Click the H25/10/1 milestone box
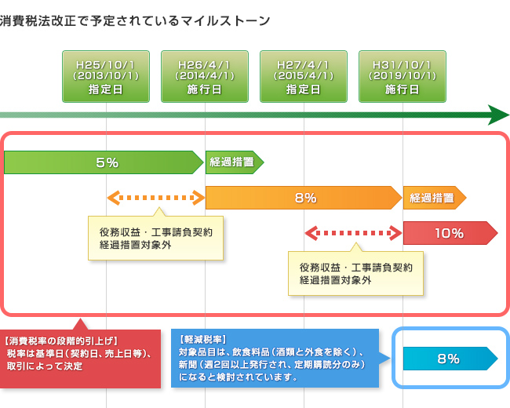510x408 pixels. [x=106, y=76]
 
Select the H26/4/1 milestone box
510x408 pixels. [x=205, y=76]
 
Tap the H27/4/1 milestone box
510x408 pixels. [x=304, y=76]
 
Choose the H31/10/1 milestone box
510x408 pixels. [x=403, y=76]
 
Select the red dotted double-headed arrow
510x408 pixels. [x=353, y=233]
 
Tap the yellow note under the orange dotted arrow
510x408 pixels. [x=155, y=239]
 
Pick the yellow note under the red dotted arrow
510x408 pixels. [x=355, y=273]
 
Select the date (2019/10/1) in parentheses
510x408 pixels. [x=403, y=76]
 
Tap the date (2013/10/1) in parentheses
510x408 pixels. [x=106, y=76]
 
